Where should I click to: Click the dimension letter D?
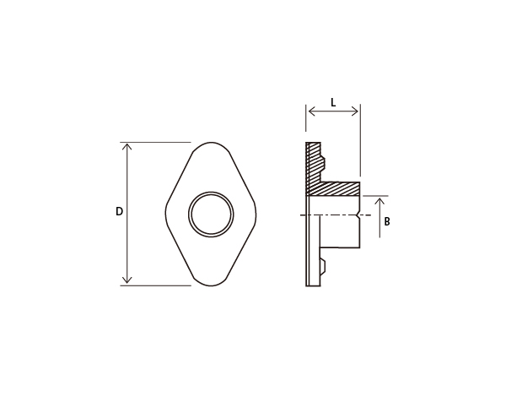click(120, 211)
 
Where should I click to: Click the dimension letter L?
click(333, 103)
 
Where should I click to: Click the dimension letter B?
click(387, 221)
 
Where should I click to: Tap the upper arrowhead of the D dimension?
click(127, 147)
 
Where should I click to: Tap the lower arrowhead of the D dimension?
click(127, 280)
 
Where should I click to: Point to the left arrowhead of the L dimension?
click(312, 111)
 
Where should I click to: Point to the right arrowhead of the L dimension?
click(354, 111)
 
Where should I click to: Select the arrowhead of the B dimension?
click(379, 202)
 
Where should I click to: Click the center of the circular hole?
click(211, 214)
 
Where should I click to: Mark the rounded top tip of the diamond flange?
click(211, 143)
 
